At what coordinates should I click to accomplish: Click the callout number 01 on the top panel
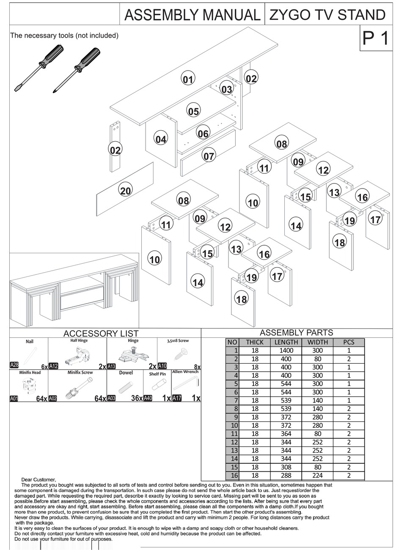pyautogui.click(x=188, y=79)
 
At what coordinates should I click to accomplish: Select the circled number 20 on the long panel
pyautogui.click(x=125, y=191)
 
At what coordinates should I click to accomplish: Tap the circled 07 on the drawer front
pyautogui.click(x=209, y=156)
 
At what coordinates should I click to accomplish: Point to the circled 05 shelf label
pyautogui.click(x=193, y=112)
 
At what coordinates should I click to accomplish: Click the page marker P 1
pyautogui.click(x=375, y=39)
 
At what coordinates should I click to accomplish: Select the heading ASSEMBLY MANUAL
pyautogui.click(x=192, y=16)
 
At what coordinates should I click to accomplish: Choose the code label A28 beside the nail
pyautogui.click(x=14, y=365)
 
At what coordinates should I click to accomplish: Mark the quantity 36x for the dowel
pyautogui.click(x=136, y=398)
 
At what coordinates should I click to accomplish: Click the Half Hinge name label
pyautogui.click(x=79, y=340)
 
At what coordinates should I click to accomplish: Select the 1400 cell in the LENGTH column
pyautogui.click(x=286, y=350)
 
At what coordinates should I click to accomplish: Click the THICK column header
pyautogui.click(x=254, y=342)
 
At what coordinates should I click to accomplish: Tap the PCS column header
pyautogui.click(x=349, y=342)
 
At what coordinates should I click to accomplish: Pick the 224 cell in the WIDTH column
pyautogui.click(x=317, y=476)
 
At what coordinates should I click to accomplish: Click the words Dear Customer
pyautogui.click(x=38, y=479)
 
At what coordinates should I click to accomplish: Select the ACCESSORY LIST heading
pyautogui.click(x=101, y=334)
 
